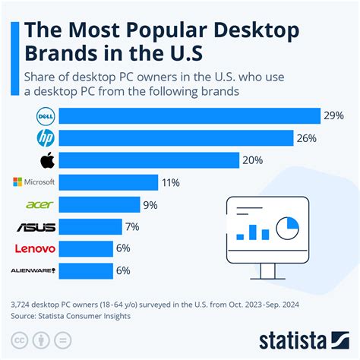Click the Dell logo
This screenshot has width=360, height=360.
click(x=46, y=115)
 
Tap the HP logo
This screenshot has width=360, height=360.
click(x=46, y=137)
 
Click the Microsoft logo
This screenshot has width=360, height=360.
click(x=34, y=182)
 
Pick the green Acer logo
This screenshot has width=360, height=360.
click(x=39, y=204)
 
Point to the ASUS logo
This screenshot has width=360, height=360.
click(x=36, y=226)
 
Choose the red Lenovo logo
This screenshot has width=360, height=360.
click(x=34, y=248)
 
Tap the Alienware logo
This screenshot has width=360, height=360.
click(x=34, y=270)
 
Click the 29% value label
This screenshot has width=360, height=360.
click(x=333, y=116)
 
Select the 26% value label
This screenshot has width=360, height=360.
click(x=308, y=138)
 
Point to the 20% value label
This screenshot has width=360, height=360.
click(x=253, y=160)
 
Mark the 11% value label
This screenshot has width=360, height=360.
click(x=171, y=182)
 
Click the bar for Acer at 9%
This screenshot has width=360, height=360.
click(x=99, y=204)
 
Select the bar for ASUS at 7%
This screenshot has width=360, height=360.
click(x=90, y=226)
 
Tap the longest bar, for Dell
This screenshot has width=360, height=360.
click(x=189, y=116)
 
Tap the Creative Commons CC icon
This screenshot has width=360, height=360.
click(x=21, y=339)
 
